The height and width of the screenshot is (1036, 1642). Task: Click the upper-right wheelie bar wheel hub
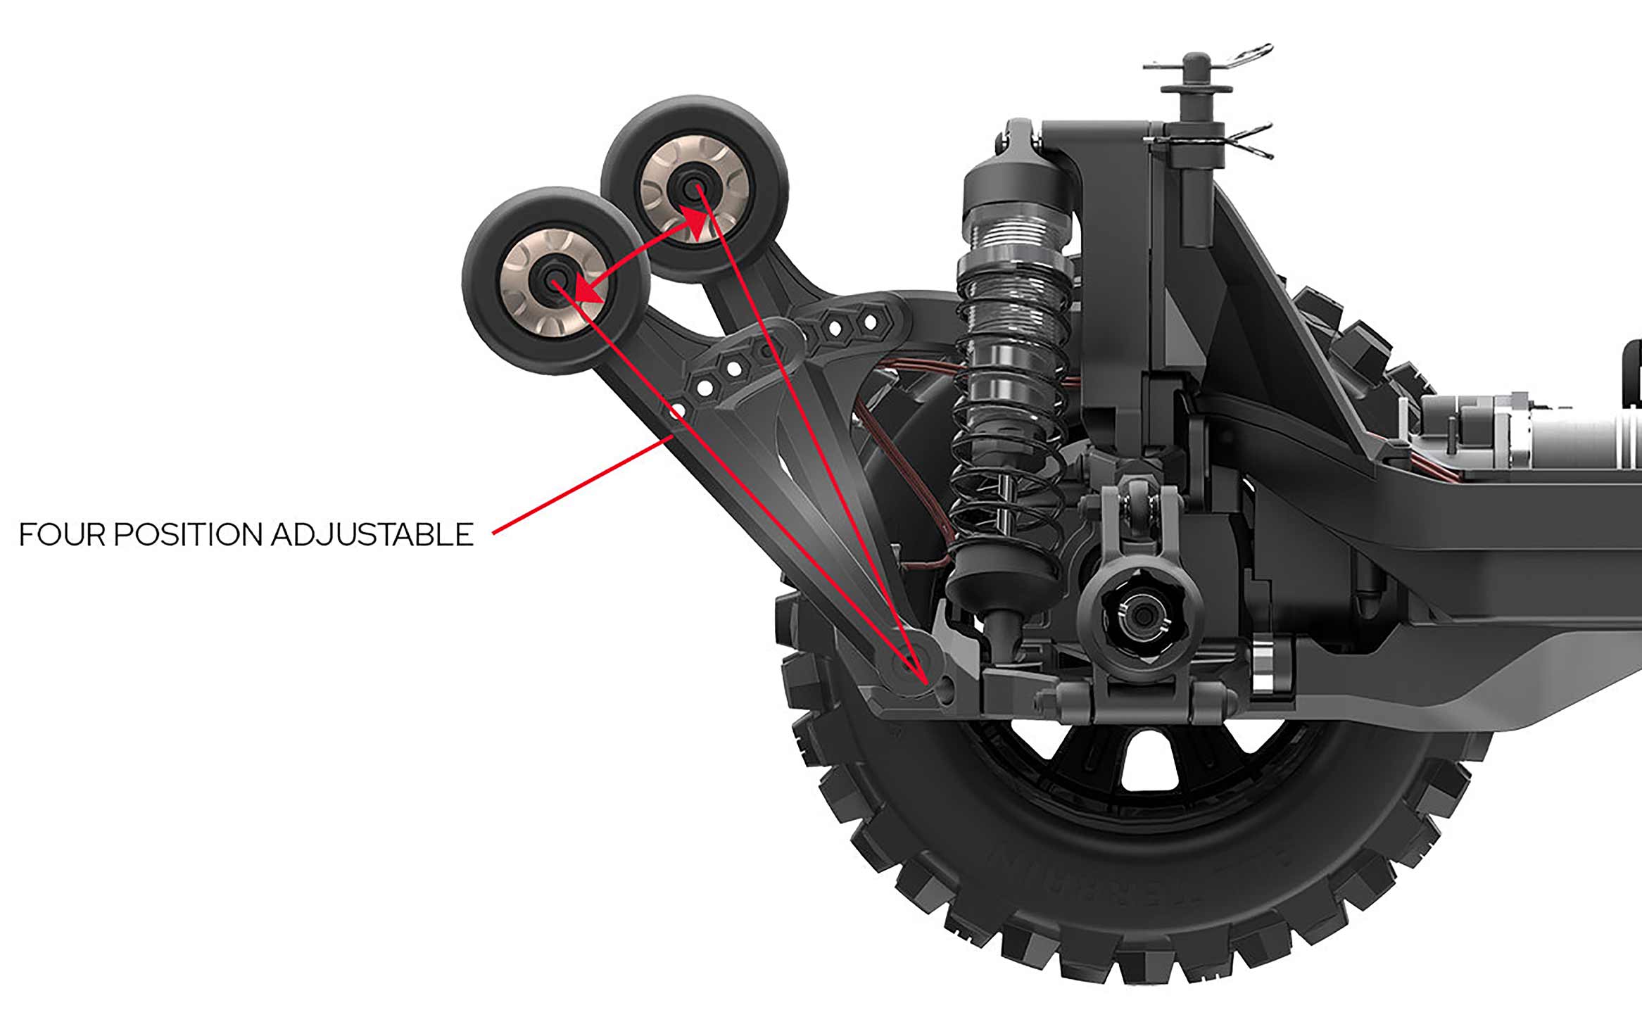[x=695, y=187]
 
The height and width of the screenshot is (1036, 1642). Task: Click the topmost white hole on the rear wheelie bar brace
[x=871, y=322]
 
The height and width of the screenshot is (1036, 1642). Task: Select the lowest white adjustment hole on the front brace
[x=677, y=410]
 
